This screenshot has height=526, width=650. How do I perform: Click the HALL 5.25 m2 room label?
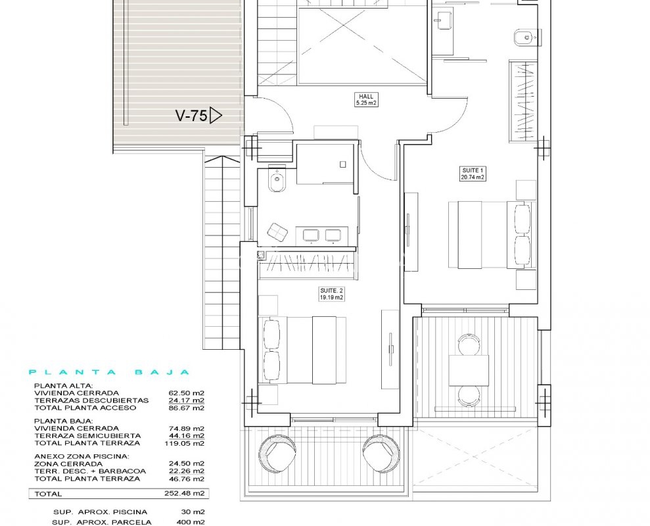coord(366,99)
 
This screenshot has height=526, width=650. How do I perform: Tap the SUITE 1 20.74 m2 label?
coord(473,174)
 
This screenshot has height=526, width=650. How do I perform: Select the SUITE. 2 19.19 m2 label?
coord(331,294)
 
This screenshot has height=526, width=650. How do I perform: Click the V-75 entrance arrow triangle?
coord(216,115)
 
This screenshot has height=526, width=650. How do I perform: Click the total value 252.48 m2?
coord(185,494)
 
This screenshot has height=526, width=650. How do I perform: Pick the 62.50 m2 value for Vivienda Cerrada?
coord(187,393)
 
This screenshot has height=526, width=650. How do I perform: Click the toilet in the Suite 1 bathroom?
coord(525,38)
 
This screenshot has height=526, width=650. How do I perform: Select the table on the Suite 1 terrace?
coord(469,370)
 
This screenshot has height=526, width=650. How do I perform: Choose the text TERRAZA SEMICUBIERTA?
coord(87,435)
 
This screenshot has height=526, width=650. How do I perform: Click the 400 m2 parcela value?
coord(191,522)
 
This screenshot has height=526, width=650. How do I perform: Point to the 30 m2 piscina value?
coord(193,512)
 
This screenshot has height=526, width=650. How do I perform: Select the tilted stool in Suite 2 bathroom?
coord(278,232)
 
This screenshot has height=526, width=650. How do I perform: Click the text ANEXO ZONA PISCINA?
coord(81,456)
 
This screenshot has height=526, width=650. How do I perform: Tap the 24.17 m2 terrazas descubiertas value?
coord(187,400)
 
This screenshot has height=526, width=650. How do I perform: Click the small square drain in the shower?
coord(343,164)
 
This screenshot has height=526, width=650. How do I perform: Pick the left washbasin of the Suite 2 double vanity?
coord(312,235)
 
